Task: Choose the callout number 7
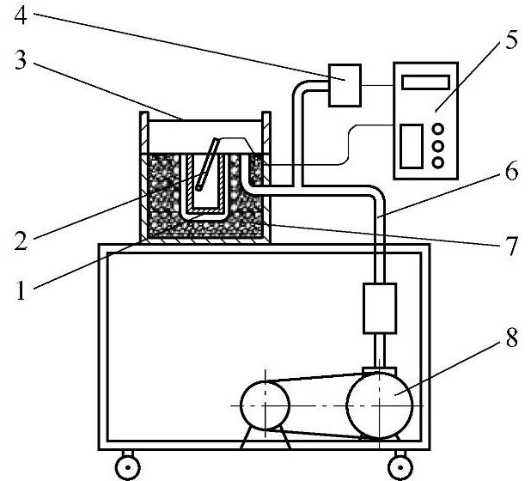tap(512, 247)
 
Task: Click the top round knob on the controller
tap(438, 129)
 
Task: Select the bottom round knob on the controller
tap(438, 161)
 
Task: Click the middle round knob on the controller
tap(438, 145)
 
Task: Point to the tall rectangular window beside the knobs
tap(412, 145)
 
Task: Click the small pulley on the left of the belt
tap(266, 403)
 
